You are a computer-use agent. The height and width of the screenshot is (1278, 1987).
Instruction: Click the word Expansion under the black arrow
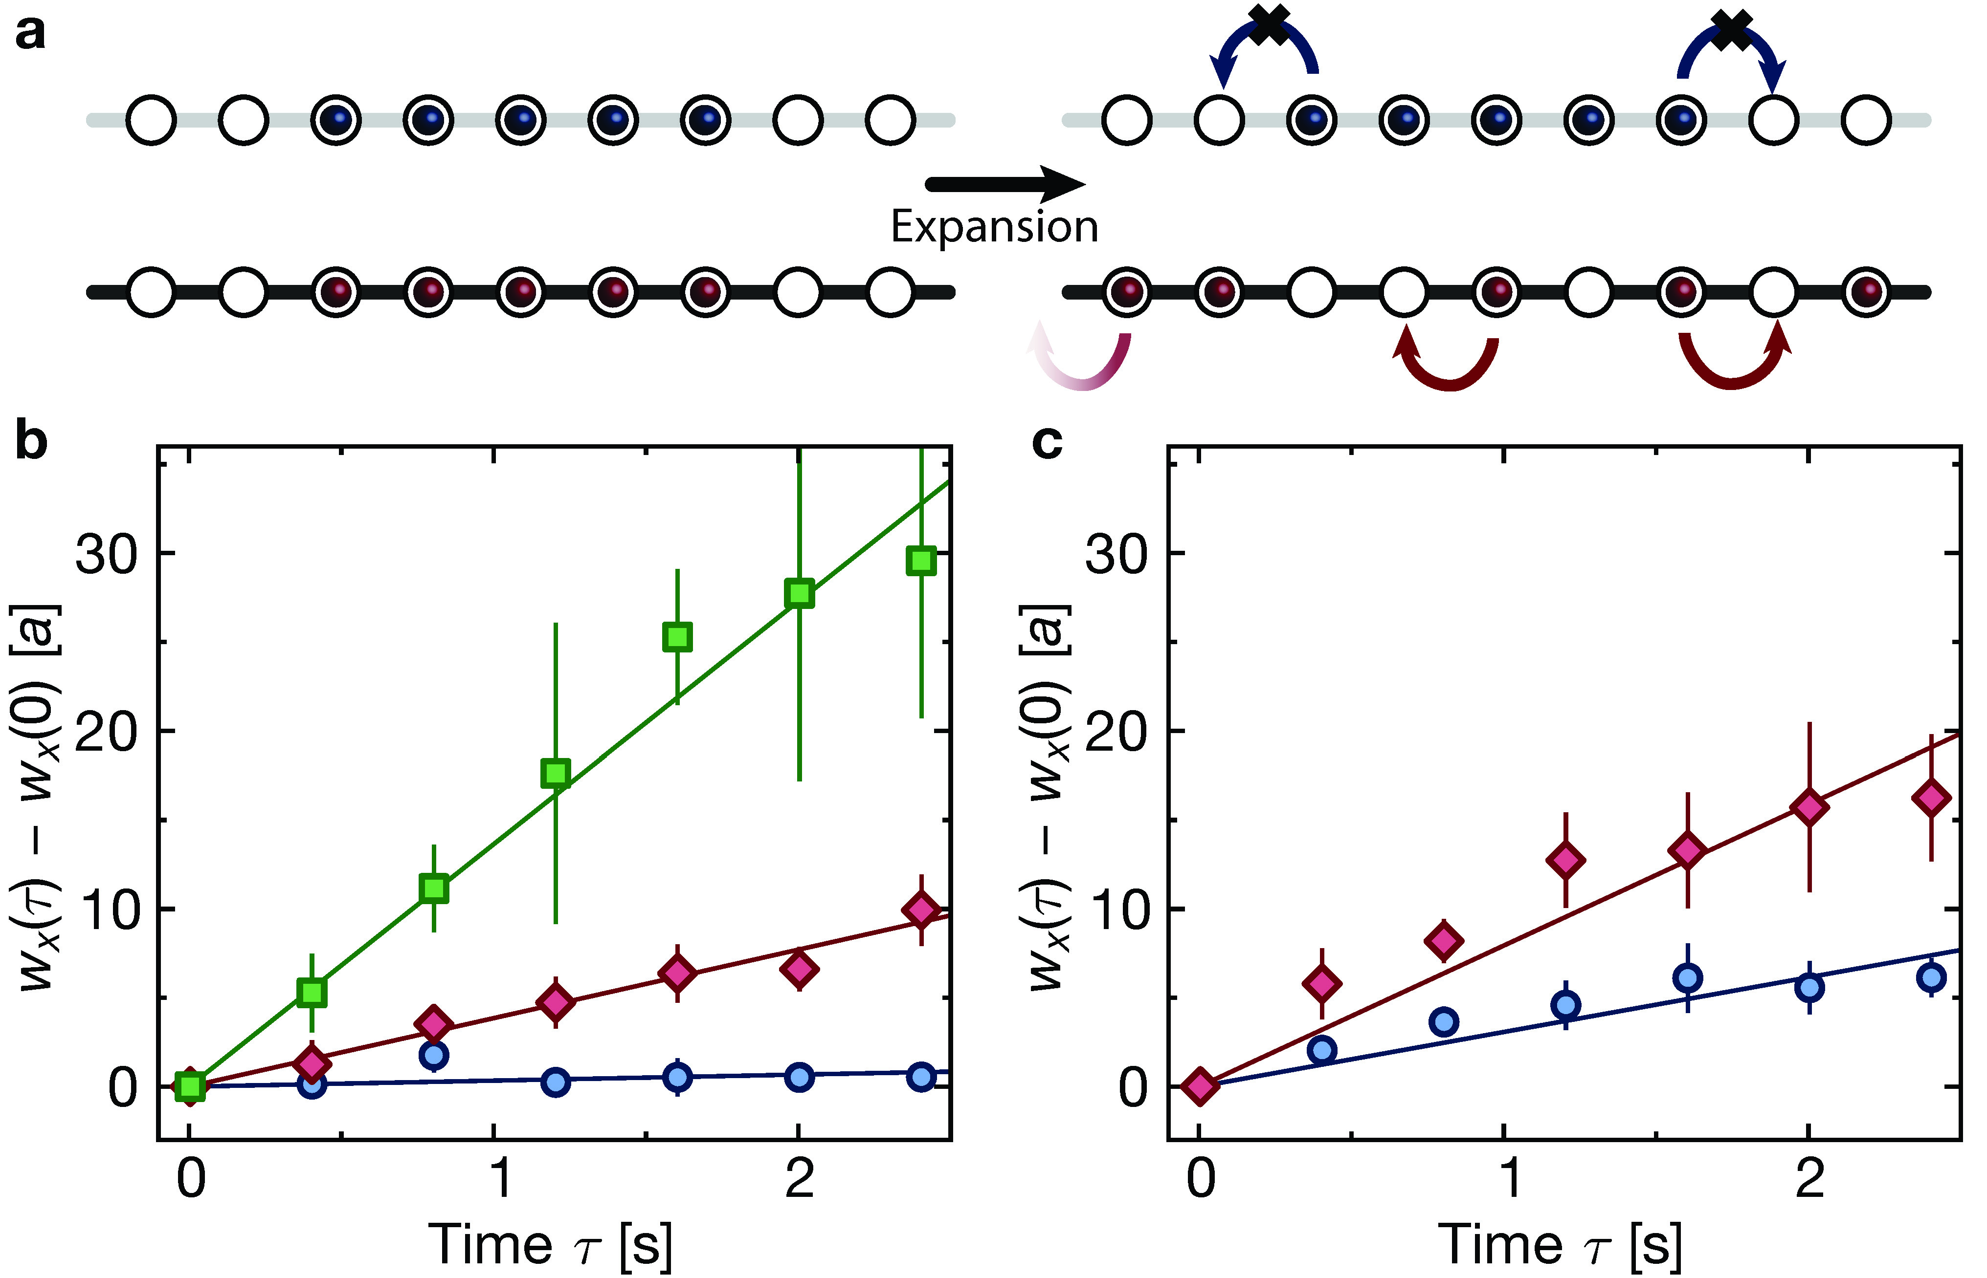(994, 227)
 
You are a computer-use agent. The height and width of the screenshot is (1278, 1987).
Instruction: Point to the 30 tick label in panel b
(106, 554)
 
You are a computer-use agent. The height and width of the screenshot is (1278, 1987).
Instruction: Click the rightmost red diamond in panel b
(921, 910)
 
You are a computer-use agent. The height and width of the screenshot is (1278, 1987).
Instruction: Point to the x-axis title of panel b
(550, 1245)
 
